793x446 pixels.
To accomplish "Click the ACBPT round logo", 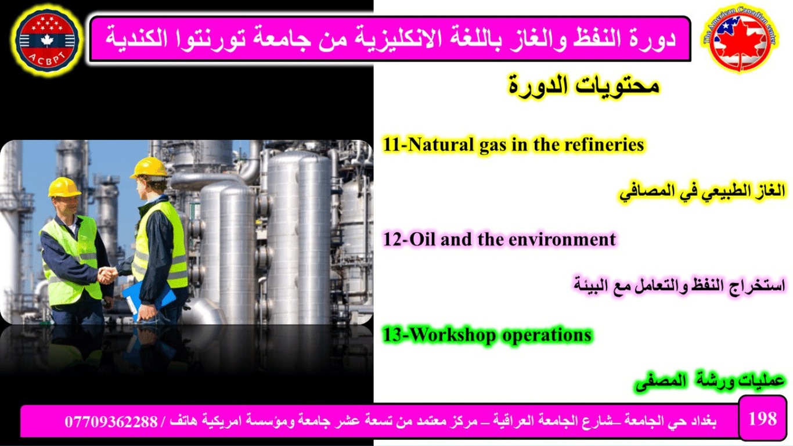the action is [47, 39].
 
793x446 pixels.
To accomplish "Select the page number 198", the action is [762, 419].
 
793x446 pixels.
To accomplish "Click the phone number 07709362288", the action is [111, 422].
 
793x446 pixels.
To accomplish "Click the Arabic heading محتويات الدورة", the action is [584, 86].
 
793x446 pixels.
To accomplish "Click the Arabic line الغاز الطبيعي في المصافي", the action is [702, 192].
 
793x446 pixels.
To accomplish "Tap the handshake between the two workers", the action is [107, 275].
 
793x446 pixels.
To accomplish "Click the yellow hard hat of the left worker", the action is [64, 187].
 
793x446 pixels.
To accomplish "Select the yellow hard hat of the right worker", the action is [149, 168].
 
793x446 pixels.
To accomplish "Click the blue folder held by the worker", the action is [149, 297].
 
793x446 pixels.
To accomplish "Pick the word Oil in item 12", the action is [423, 239].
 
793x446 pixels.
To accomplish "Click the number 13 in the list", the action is [394, 334].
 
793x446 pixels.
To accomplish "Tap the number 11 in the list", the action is [392, 145].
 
